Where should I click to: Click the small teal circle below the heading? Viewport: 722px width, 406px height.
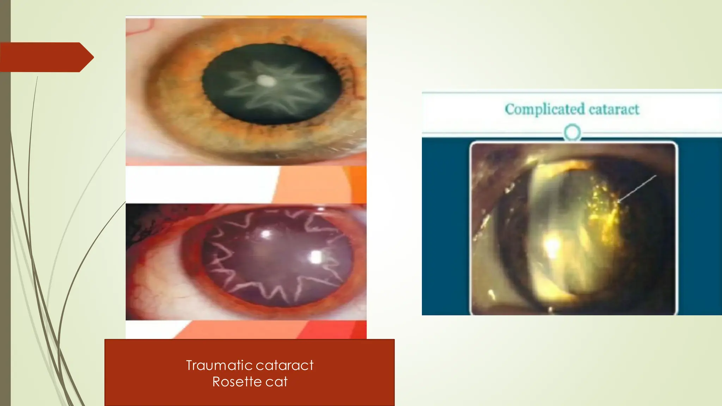point(572,133)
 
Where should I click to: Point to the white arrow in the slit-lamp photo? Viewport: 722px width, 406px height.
point(637,189)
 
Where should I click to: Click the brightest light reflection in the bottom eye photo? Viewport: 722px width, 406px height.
point(316,257)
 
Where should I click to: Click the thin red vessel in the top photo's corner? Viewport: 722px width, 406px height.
point(141,28)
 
